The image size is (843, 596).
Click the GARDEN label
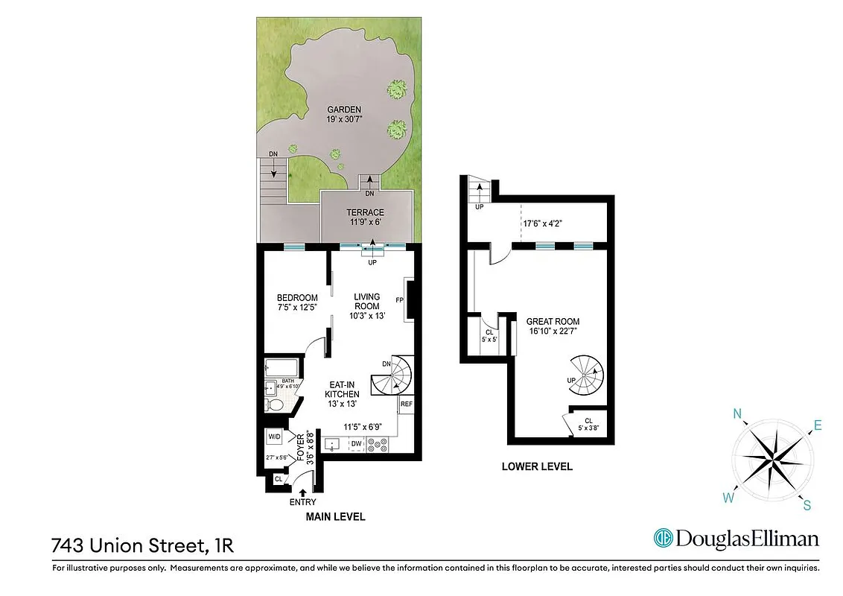[x=343, y=110]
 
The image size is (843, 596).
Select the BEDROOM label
[x=297, y=298]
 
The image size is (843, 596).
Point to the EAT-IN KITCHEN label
[x=343, y=390]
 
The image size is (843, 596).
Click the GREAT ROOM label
[x=553, y=322]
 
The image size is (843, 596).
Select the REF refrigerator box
[x=407, y=405]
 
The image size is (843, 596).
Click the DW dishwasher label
[x=357, y=443]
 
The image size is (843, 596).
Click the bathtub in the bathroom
[x=281, y=368]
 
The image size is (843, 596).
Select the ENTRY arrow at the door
[x=302, y=490]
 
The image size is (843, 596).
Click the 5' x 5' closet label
[x=489, y=335]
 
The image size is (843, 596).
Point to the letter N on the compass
[x=737, y=415]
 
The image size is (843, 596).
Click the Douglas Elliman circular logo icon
[x=662, y=538]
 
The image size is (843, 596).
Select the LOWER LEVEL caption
[x=537, y=467]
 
